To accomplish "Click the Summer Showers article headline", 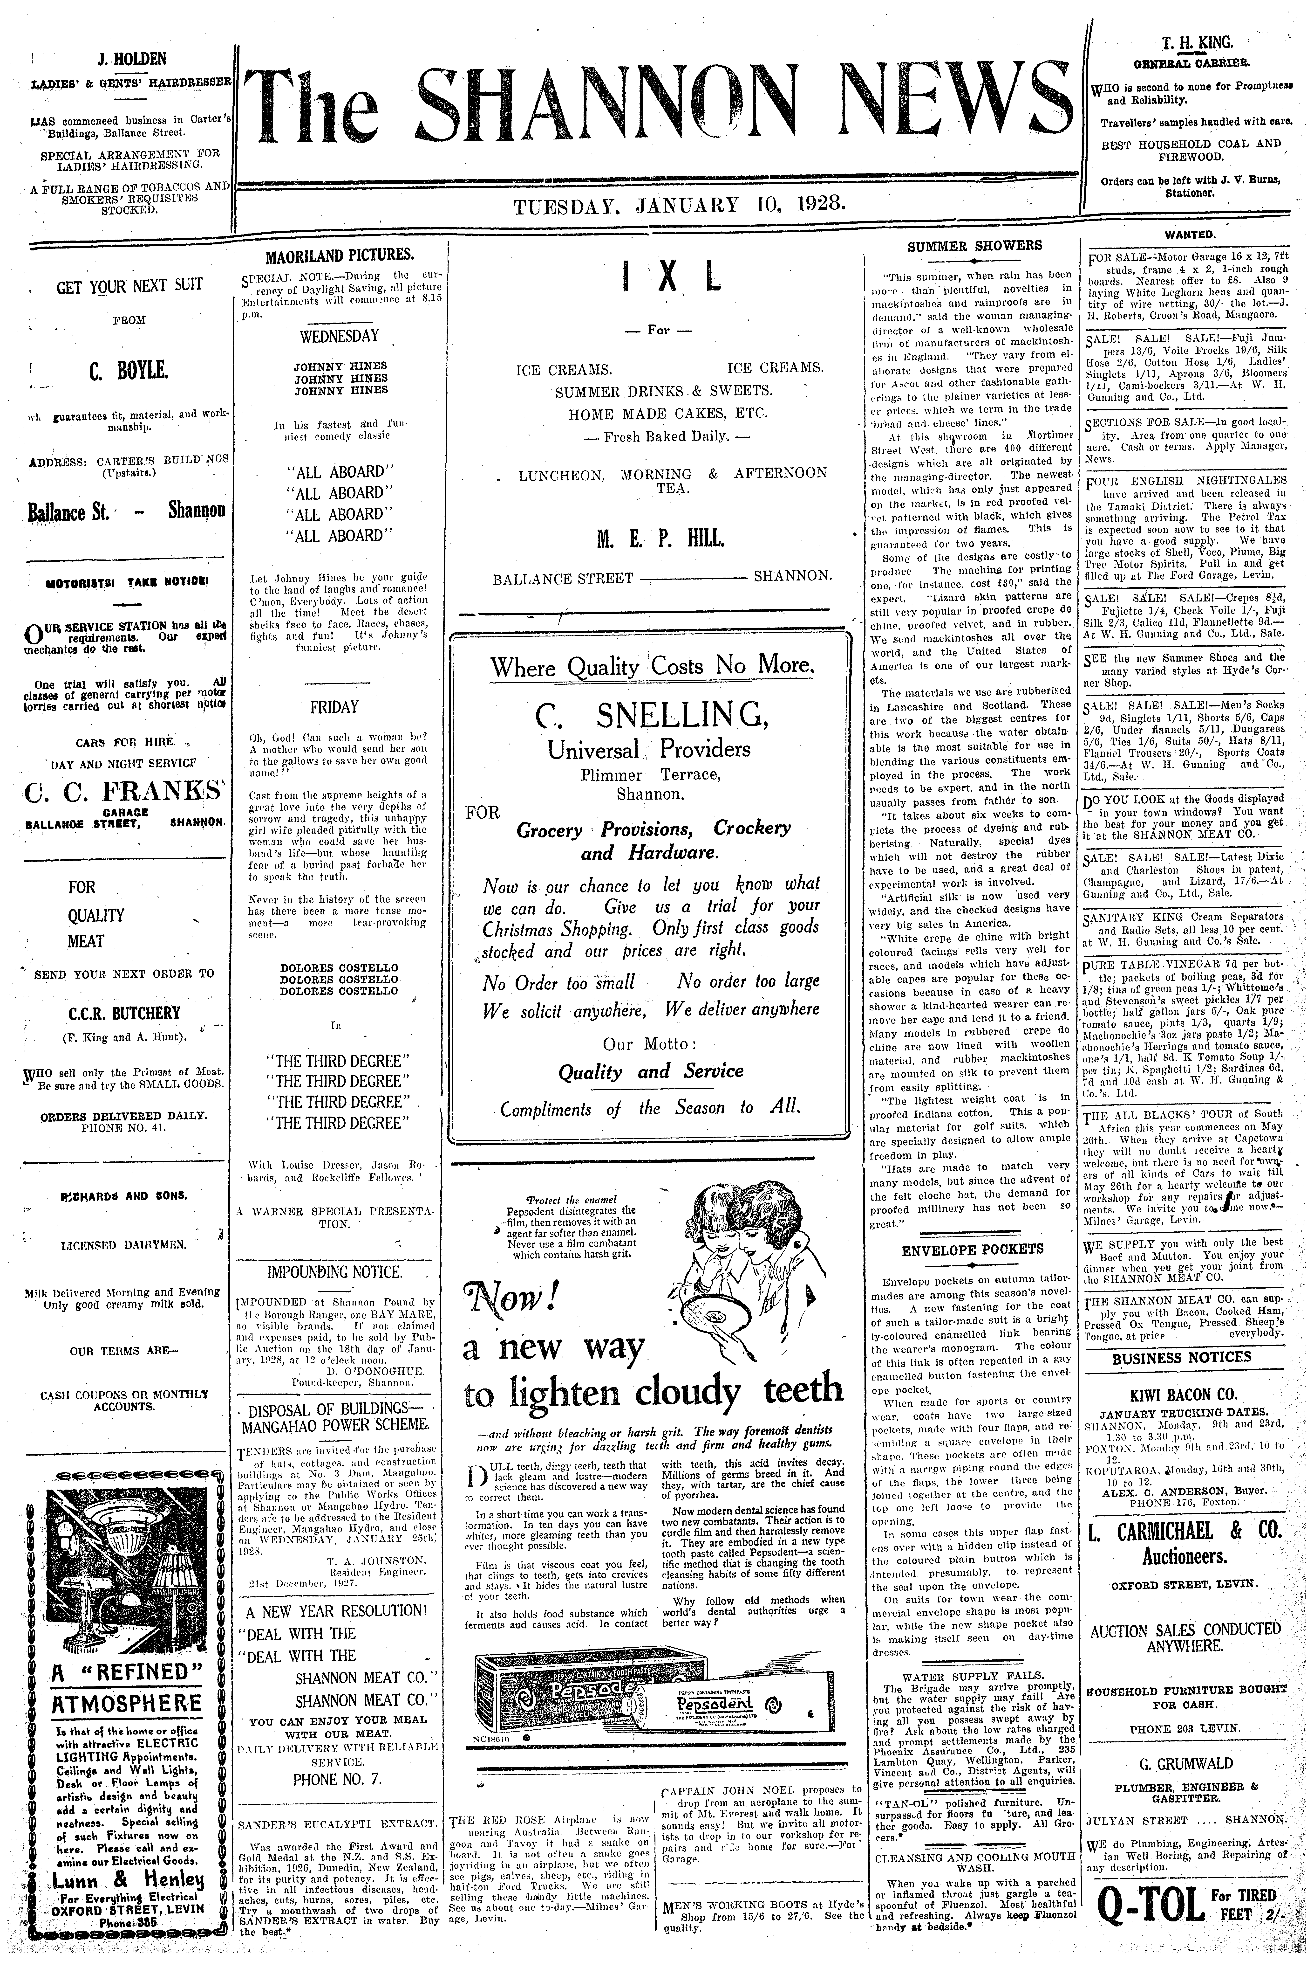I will click(x=975, y=246).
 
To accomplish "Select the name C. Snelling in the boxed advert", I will click(x=652, y=714).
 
